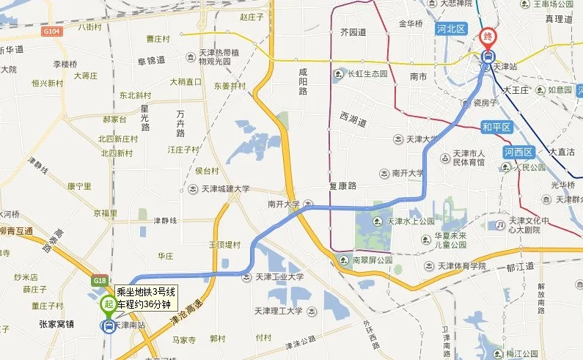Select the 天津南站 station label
(x=132, y=324)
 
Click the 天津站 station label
(x=506, y=66)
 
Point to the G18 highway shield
(x=100, y=279)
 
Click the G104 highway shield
(x=51, y=32)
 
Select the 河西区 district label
(x=518, y=152)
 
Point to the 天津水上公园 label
(x=411, y=221)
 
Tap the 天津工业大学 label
(x=279, y=277)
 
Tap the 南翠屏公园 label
(x=373, y=260)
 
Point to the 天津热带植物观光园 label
(x=220, y=57)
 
